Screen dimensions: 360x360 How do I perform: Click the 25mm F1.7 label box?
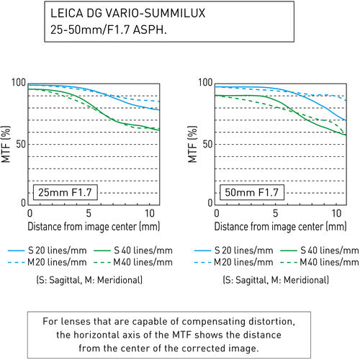[x=64, y=192]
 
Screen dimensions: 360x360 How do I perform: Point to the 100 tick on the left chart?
[x=19, y=84]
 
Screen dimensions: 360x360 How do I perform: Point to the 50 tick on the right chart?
[x=207, y=144]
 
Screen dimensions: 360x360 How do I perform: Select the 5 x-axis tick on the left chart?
[x=89, y=214]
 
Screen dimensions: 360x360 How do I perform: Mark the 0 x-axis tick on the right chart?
[x=215, y=214]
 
